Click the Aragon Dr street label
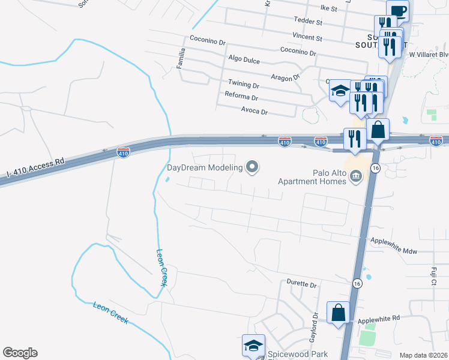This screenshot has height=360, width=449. pos(285,78)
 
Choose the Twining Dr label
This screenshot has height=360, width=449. pos(243,85)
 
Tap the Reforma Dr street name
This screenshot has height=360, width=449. pos(241,97)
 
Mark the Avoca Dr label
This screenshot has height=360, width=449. pos(254,112)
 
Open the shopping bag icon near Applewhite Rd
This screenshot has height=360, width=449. pos(338,312)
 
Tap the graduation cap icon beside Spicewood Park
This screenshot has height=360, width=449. pos(253,345)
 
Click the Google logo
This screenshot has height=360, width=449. pos(20,353)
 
